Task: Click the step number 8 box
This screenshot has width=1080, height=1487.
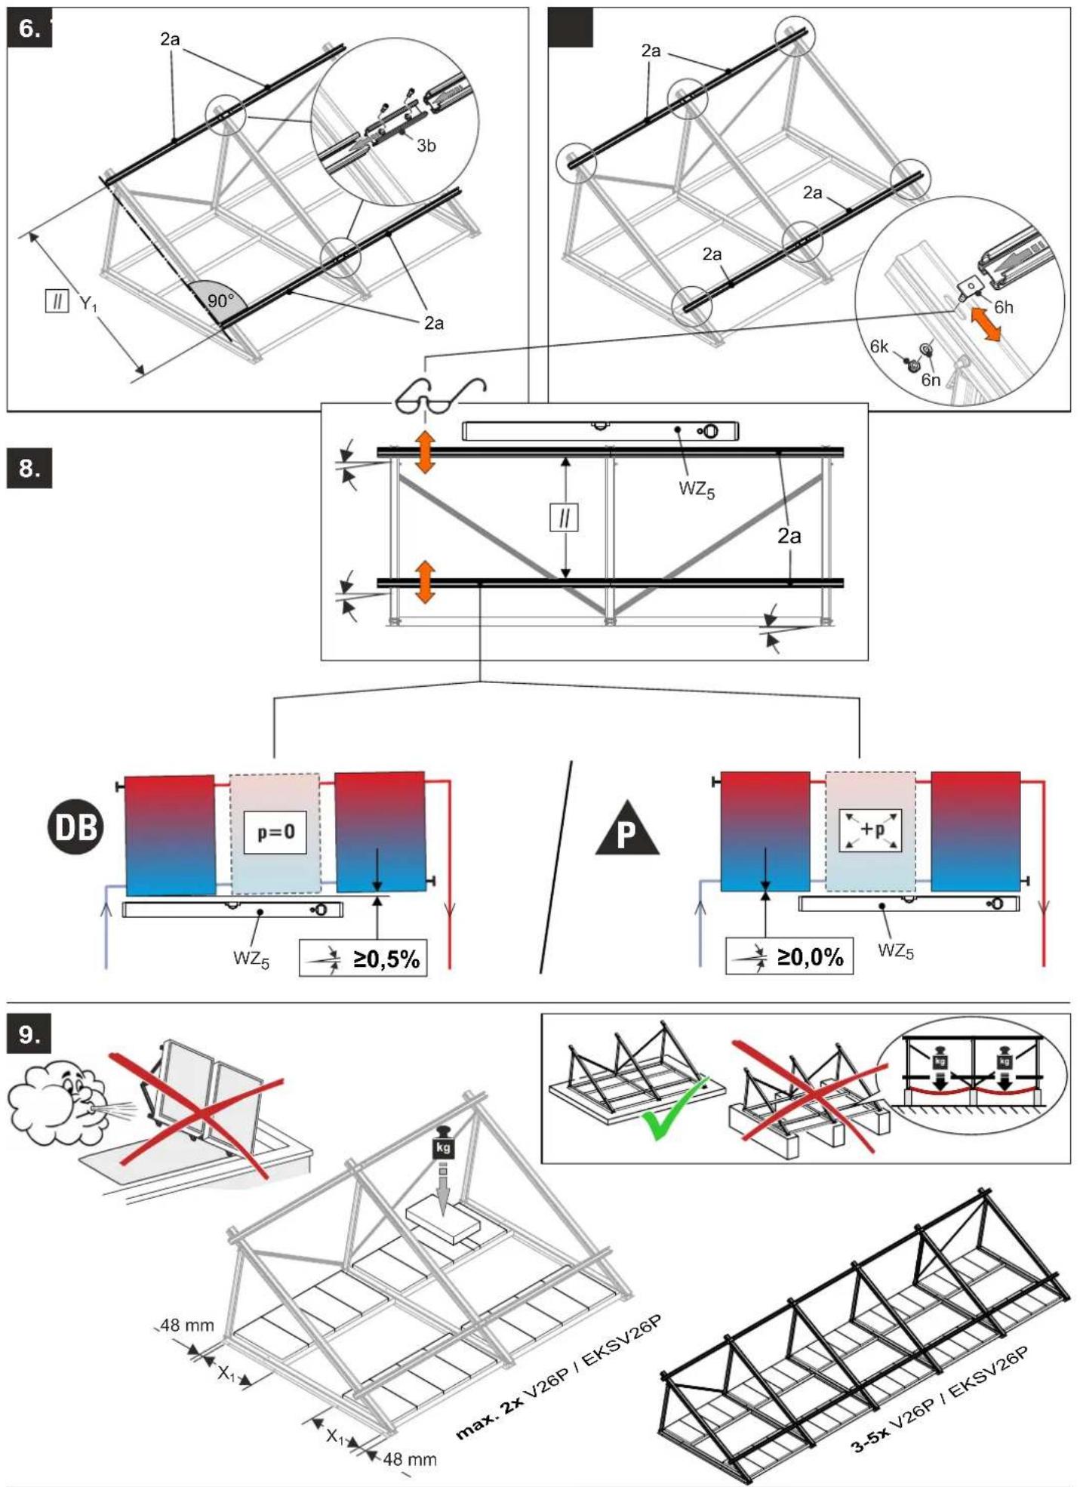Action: [29, 468]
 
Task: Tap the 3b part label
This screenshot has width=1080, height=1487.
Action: [426, 146]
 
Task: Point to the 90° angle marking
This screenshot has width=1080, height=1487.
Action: [220, 300]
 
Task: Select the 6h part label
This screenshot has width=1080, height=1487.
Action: [1004, 307]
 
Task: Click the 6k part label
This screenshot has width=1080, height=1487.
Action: [879, 346]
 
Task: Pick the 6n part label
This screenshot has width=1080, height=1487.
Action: [931, 380]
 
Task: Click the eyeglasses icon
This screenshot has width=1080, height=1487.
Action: [440, 396]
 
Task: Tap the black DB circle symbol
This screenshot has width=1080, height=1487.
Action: [76, 827]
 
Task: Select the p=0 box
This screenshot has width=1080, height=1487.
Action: [275, 832]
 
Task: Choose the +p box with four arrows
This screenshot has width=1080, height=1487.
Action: [870, 830]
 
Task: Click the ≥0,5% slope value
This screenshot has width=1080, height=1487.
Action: [386, 959]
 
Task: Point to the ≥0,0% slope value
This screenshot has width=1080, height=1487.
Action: [811, 957]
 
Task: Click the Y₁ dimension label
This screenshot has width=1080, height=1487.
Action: [89, 303]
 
